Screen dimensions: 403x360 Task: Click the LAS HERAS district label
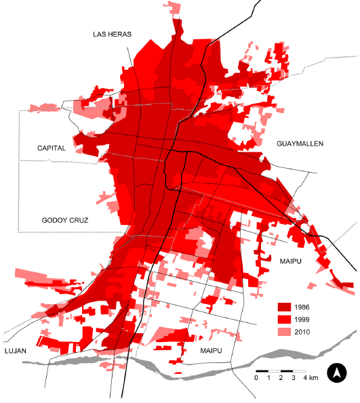pos(112,34)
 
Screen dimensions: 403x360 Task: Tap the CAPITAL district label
pos(52,148)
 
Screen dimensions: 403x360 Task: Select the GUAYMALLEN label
pos(300,144)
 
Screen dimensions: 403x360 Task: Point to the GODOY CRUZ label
pos(65,221)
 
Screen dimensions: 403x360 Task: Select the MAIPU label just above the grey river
pos(215,351)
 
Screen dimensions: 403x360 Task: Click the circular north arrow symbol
pos(337,373)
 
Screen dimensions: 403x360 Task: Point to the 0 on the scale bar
pos(256,378)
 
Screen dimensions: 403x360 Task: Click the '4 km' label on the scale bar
pos(311,378)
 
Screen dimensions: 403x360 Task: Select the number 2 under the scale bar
pos(281,378)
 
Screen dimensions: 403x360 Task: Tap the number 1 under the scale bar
pos(268,378)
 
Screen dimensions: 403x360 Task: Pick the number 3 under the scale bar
pos(293,378)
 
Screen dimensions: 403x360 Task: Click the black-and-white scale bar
pos(280,371)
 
